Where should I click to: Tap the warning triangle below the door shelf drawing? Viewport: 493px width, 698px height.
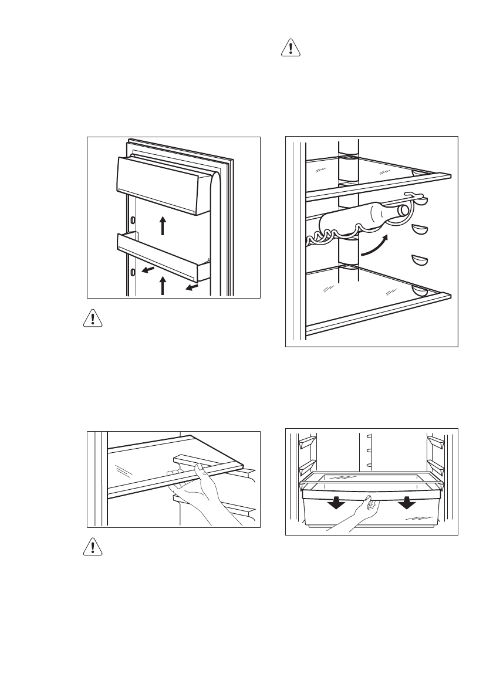tap(91, 318)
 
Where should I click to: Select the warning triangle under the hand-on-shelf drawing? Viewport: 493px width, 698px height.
tap(91, 547)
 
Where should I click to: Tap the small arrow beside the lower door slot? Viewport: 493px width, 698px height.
tap(150, 269)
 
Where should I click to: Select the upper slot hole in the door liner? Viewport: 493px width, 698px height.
tap(133, 220)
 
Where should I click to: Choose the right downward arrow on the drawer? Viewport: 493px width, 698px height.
tap(406, 503)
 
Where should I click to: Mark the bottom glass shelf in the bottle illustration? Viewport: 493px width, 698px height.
tap(376, 299)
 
